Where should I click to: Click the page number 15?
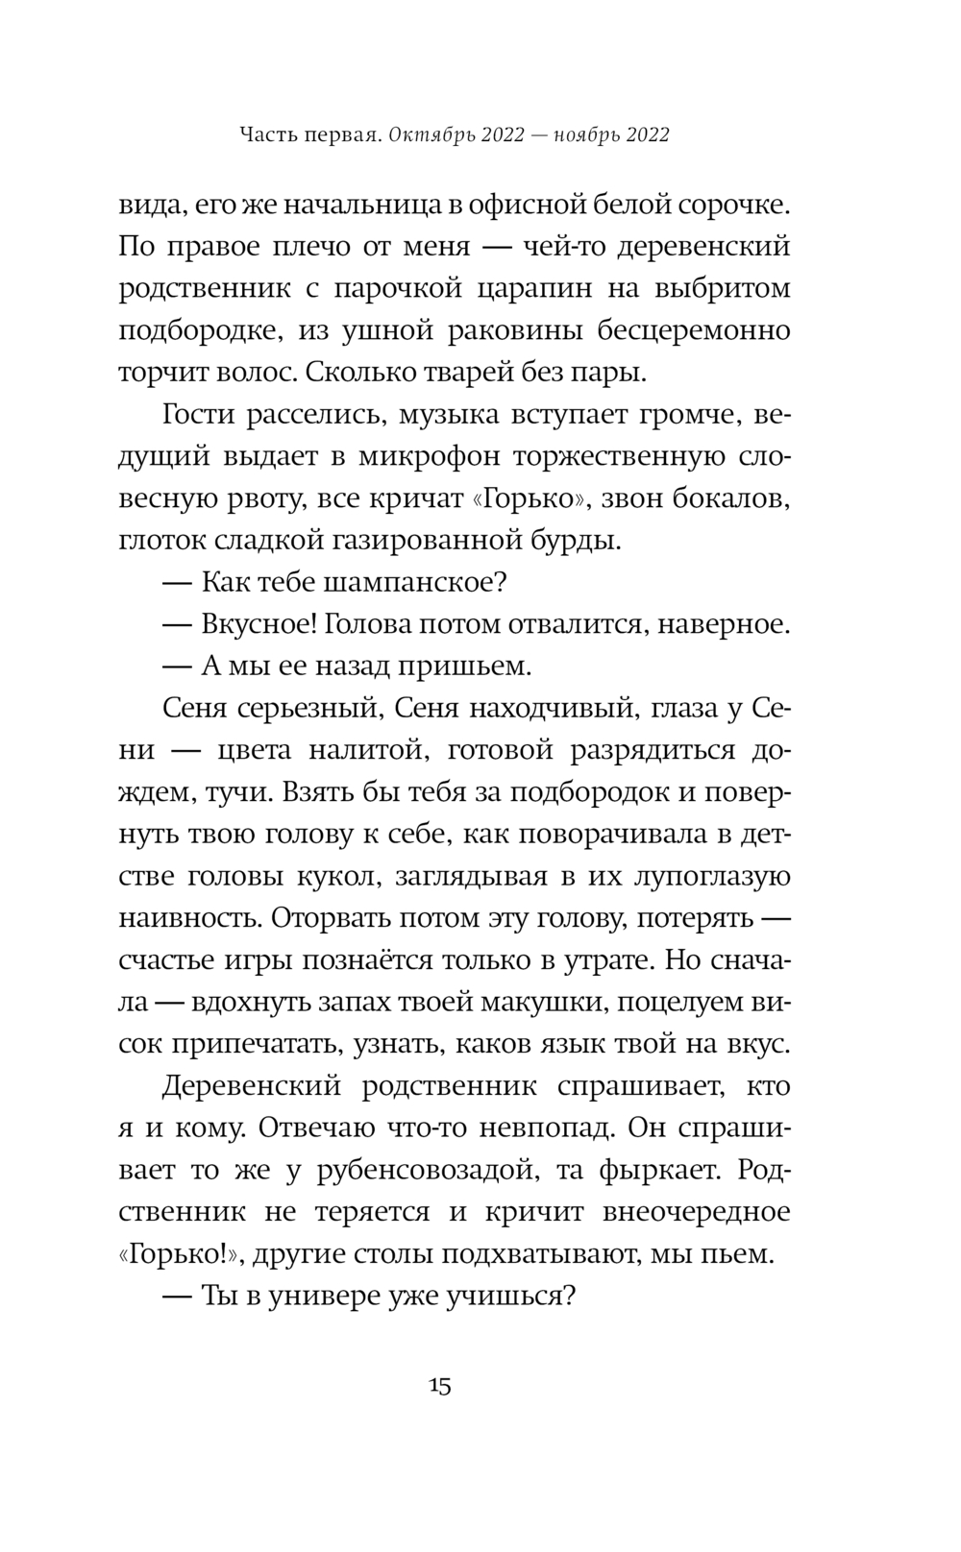pyautogui.click(x=441, y=1386)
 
